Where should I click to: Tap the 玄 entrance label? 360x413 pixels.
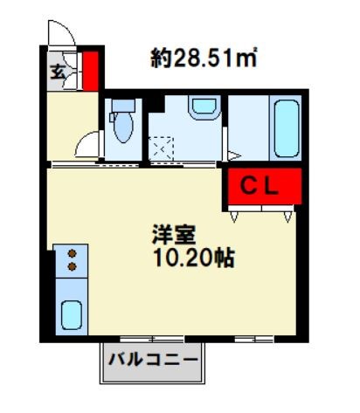[x=57, y=70]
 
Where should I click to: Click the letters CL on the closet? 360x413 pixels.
[x=260, y=185]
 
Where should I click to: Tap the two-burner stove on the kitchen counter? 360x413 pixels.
[x=72, y=260]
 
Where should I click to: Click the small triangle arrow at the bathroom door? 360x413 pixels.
[x=233, y=155]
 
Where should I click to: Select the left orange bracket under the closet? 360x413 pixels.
[x=239, y=210]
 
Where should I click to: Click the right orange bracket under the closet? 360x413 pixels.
[x=287, y=210]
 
